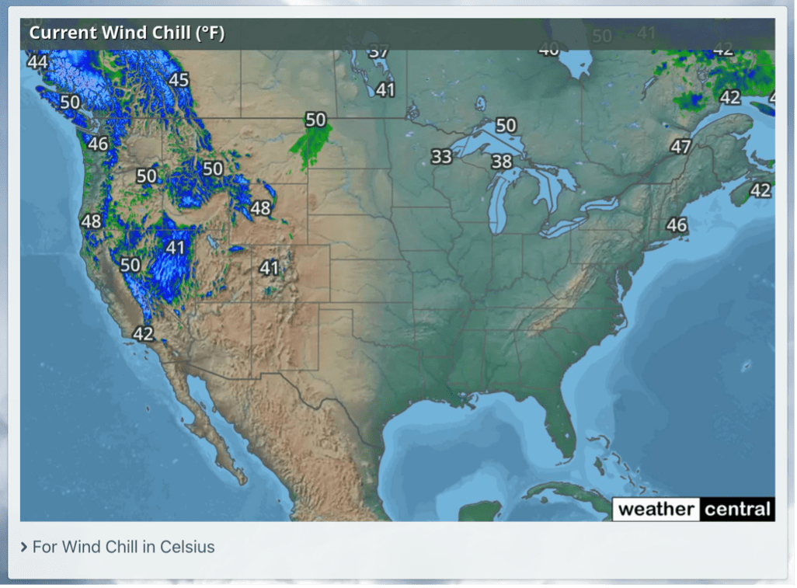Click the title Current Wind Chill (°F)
(x=127, y=34)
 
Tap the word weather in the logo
(x=656, y=510)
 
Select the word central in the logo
(x=737, y=510)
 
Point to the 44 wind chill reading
(x=37, y=61)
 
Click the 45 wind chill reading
(x=179, y=80)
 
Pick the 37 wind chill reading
(x=378, y=53)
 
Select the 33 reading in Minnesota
(x=441, y=157)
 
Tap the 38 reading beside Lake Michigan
(x=502, y=162)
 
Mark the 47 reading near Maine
(x=680, y=147)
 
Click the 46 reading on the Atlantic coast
(x=677, y=225)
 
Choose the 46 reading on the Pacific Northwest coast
(x=98, y=144)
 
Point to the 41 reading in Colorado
(x=269, y=268)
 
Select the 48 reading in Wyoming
(x=260, y=208)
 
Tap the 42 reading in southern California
(x=143, y=334)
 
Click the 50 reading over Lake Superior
(x=506, y=125)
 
